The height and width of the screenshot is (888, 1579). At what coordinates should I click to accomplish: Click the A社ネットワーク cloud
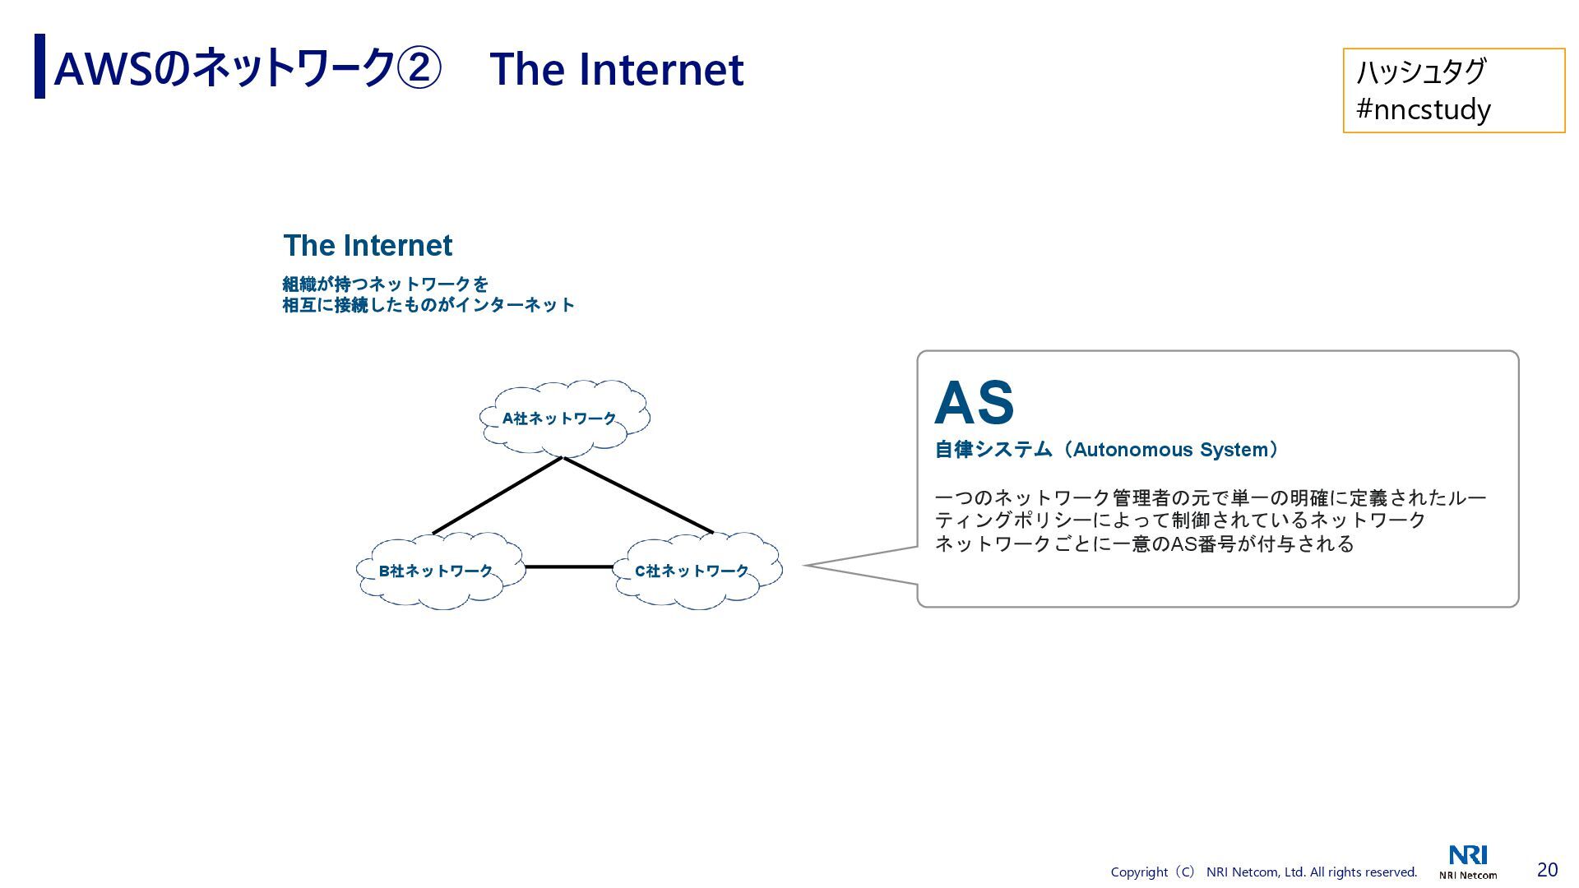564,418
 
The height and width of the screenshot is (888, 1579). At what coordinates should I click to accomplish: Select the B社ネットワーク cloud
440,571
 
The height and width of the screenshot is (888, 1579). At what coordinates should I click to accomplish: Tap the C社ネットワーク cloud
697,571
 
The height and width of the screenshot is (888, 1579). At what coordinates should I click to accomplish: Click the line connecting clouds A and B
498,496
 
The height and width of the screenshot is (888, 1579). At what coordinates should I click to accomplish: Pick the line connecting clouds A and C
637,495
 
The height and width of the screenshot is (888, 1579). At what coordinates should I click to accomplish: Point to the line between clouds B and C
568,567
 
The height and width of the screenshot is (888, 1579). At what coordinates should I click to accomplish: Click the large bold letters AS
974,403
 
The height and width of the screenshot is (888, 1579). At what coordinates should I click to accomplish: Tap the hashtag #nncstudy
1423,109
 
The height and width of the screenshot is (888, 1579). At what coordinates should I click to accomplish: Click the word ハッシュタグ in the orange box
1420,72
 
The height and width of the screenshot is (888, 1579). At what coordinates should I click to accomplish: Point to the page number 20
1547,870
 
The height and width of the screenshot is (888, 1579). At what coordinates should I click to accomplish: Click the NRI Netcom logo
1468,862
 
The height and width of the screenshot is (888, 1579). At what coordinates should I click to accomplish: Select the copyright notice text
1263,872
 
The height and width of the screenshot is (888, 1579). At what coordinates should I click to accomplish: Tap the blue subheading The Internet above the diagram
368,245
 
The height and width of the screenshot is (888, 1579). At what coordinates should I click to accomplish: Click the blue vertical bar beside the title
39,66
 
